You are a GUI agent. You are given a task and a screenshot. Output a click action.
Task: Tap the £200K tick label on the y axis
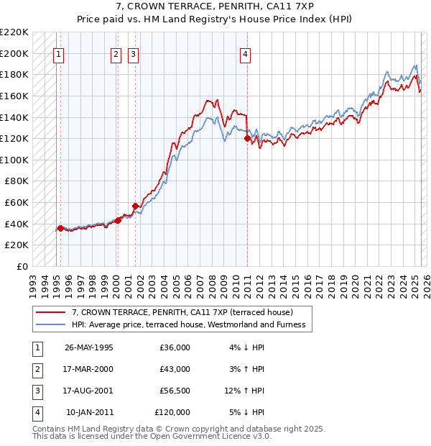click(14, 53)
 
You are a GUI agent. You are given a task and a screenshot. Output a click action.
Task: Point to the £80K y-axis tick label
click(17, 181)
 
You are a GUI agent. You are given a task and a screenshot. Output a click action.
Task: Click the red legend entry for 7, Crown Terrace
click(182, 313)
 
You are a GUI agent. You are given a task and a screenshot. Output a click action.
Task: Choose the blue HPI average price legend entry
click(188, 324)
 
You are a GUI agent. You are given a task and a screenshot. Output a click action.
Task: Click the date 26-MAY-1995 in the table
click(88, 347)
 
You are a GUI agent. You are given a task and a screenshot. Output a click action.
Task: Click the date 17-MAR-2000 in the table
click(88, 369)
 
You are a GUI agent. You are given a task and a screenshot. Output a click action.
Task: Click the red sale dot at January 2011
click(247, 138)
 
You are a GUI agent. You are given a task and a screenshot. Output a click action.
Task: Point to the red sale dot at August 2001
click(135, 206)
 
